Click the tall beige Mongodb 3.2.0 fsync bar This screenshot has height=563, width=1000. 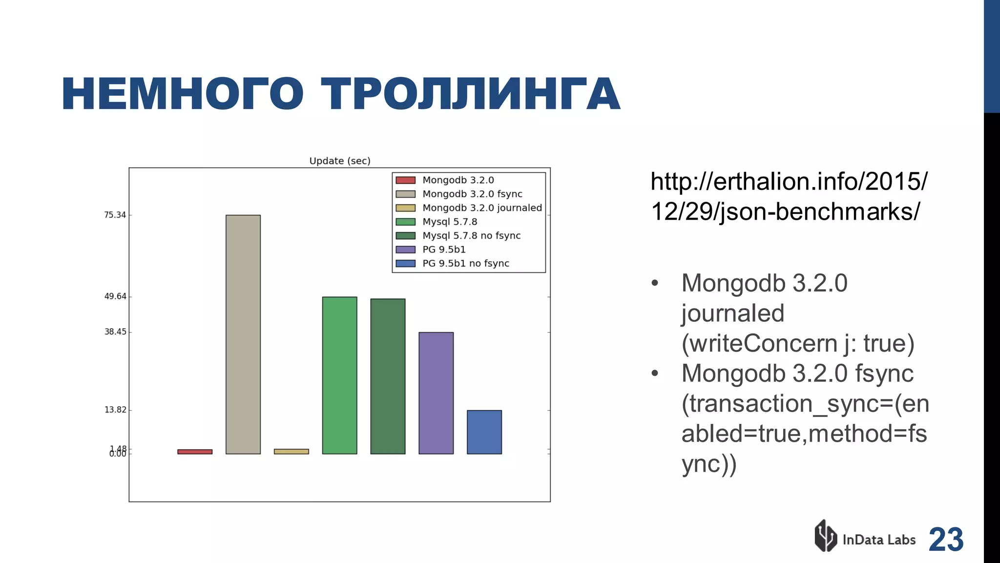pos(243,334)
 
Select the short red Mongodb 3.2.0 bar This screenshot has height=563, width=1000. pos(195,452)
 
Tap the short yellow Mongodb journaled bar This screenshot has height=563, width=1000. pos(291,451)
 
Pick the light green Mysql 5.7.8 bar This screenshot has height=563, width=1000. pos(339,375)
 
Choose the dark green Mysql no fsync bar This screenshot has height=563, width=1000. pos(388,376)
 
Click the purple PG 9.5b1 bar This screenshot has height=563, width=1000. pos(436,393)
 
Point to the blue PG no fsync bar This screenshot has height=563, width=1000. pos(484,432)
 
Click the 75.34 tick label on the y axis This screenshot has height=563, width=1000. pos(115,215)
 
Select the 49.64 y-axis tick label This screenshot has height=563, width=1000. pos(115,296)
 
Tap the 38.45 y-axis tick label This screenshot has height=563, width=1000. pos(115,332)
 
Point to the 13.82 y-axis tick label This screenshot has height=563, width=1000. pos(115,410)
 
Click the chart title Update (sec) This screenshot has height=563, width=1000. pos(340,161)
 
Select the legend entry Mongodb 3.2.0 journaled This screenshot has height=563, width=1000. pos(482,208)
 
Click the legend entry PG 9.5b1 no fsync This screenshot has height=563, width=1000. pos(465,263)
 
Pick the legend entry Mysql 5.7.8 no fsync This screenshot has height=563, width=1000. pos(471,235)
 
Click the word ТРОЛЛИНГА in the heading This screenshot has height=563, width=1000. pos(470,94)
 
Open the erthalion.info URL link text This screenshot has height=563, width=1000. pos(789,196)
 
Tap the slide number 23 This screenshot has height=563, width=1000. pos(946,540)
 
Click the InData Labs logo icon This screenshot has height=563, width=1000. pos(825,536)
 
